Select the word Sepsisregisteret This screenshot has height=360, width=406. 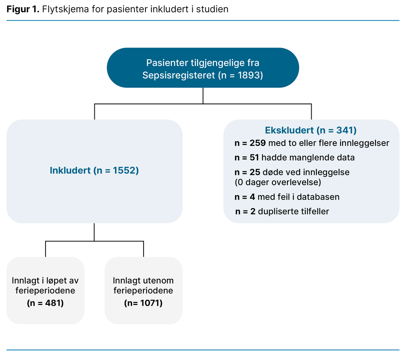(x=179, y=75)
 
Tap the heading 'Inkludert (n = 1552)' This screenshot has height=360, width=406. (x=94, y=171)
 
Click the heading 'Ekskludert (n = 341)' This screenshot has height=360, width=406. (x=310, y=130)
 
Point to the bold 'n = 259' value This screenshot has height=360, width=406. (x=250, y=143)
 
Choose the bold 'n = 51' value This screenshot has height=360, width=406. (x=247, y=157)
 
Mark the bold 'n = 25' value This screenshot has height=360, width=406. (x=247, y=172)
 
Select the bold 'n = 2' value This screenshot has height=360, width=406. (x=245, y=211)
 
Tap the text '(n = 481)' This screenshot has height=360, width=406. (x=45, y=303)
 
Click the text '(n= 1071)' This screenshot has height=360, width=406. (x=143, y=303)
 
